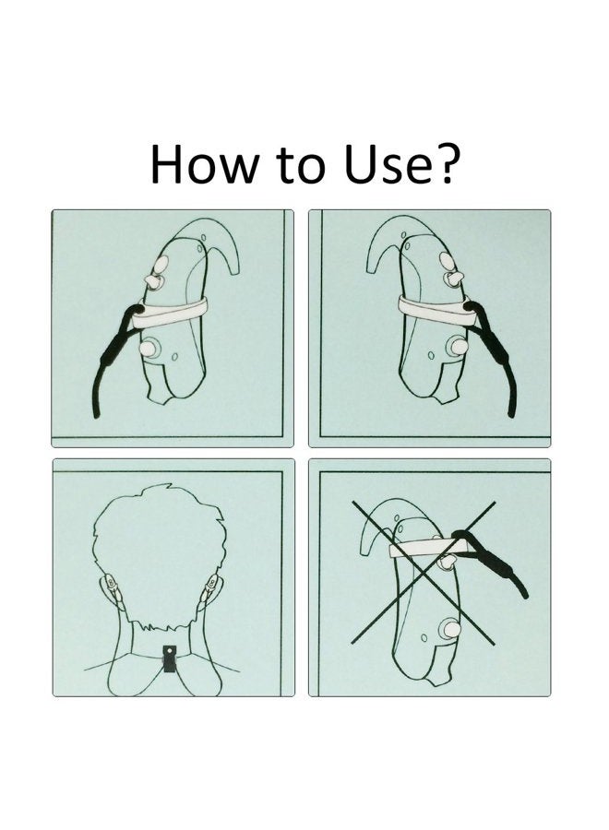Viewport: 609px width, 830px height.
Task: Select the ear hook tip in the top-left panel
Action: (x=233, y=270)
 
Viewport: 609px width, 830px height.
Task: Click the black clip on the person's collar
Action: (x=170, y=658)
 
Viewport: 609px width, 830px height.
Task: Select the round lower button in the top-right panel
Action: (x=457, y=346)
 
